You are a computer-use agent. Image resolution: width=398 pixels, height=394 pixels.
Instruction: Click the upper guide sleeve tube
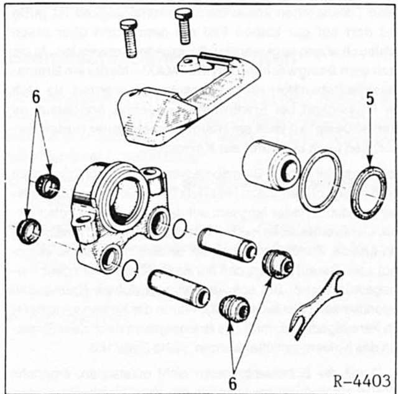pyautogui.click(x=227, y=245)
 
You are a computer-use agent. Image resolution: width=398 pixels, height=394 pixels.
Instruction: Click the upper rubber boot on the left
pyautogui.click(x=48, y=185)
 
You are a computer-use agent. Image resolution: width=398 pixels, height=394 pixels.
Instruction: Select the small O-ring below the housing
pyautogui.click(x=130, y=269)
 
